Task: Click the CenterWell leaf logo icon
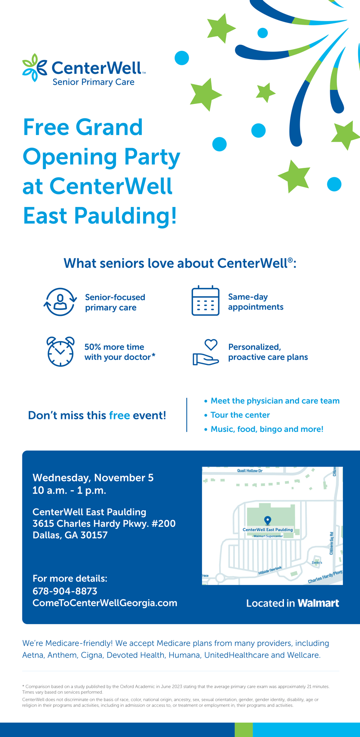point(35,67)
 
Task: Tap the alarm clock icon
point(60,351)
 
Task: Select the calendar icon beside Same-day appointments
point(205,301)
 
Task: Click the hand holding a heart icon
point(206,352)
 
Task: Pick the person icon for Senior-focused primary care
point(60,301)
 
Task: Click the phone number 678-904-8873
point(65,591)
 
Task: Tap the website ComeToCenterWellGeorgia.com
point(105,603)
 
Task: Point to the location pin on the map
point(268,521)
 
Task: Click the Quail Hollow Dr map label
point(250,471)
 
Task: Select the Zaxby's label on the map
point(317,562)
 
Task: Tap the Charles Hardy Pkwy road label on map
point(325,577)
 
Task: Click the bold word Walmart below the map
point(318,603)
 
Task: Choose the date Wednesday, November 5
point(93,478)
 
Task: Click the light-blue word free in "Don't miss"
point(119,415)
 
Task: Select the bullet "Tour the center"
point(240,415)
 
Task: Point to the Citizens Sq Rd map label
point(332,544)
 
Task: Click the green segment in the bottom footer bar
point(244,730)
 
